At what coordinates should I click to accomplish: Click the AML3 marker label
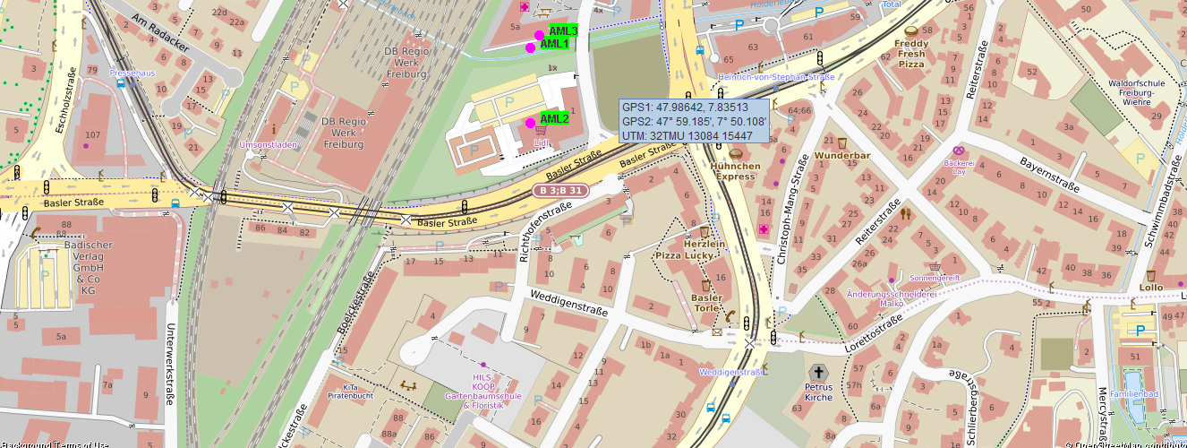563,31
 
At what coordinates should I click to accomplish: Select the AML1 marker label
555,44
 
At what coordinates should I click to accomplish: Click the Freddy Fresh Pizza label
911,54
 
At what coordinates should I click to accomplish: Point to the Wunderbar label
842,156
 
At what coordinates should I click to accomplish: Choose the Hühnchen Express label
736,171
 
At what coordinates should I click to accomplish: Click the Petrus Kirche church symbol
817,372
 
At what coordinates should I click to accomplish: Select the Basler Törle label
706,303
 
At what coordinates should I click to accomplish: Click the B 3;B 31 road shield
559,190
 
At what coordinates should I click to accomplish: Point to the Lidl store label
541,142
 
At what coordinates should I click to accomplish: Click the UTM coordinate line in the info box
687,135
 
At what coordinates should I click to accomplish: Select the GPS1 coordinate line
685,107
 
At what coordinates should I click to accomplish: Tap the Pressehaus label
132,73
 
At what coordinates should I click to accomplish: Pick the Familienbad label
1134,393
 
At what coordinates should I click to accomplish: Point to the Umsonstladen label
269,144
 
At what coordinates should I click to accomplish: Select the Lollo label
1151,288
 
